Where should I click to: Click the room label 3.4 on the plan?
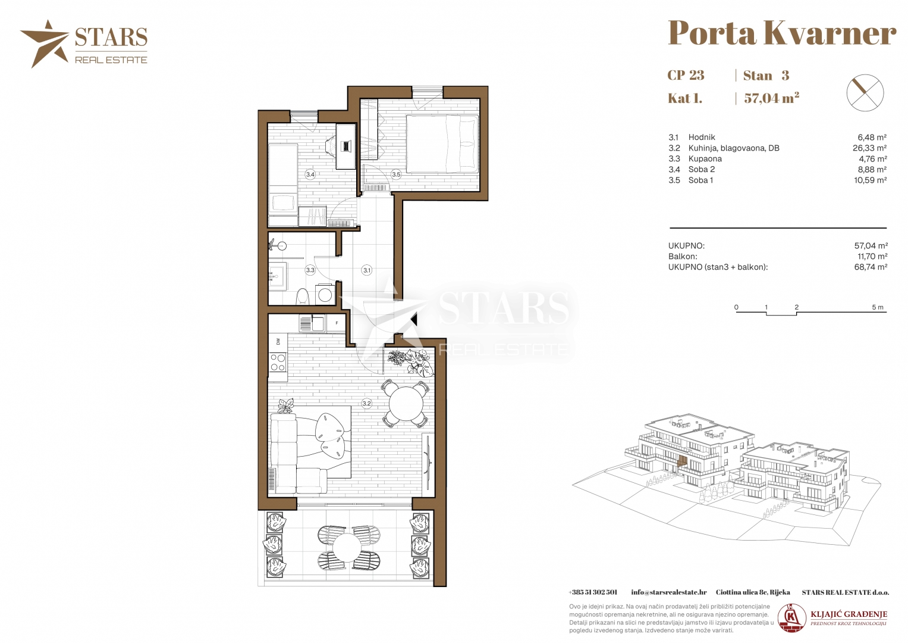tap(310, 174)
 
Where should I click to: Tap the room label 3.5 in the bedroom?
tap(396, 174)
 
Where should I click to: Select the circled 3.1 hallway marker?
tap(367, 270)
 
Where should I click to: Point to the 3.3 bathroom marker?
tap(310, 270)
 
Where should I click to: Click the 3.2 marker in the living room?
tap(367, 404)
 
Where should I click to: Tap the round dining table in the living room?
tap(406, 404)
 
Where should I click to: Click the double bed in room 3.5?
tap(442, 143)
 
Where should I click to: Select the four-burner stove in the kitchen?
tap(278, 363)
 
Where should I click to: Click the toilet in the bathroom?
tap(303, 296)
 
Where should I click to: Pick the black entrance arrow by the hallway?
tap(413, 320)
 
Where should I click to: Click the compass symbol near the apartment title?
tap(865, 92)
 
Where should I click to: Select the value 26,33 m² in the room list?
tap(869, 148)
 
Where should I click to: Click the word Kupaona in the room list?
tap(705, 159)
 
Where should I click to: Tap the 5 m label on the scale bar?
tap(878, 307)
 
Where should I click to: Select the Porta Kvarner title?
tap(782, 33)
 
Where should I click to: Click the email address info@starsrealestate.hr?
tap(669, 592)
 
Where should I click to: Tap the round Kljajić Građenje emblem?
tap(792, 617)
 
